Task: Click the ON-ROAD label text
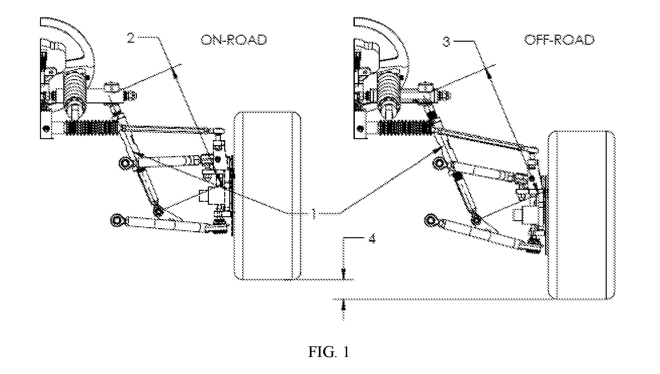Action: (x=234, y=40)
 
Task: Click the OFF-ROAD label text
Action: (x=559, y=40)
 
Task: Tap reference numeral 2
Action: (x=131, y=38)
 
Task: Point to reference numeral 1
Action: (x=313, y=213)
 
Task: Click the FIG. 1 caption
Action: (x=329, y=352)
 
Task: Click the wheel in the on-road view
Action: (x=268, y=196)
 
